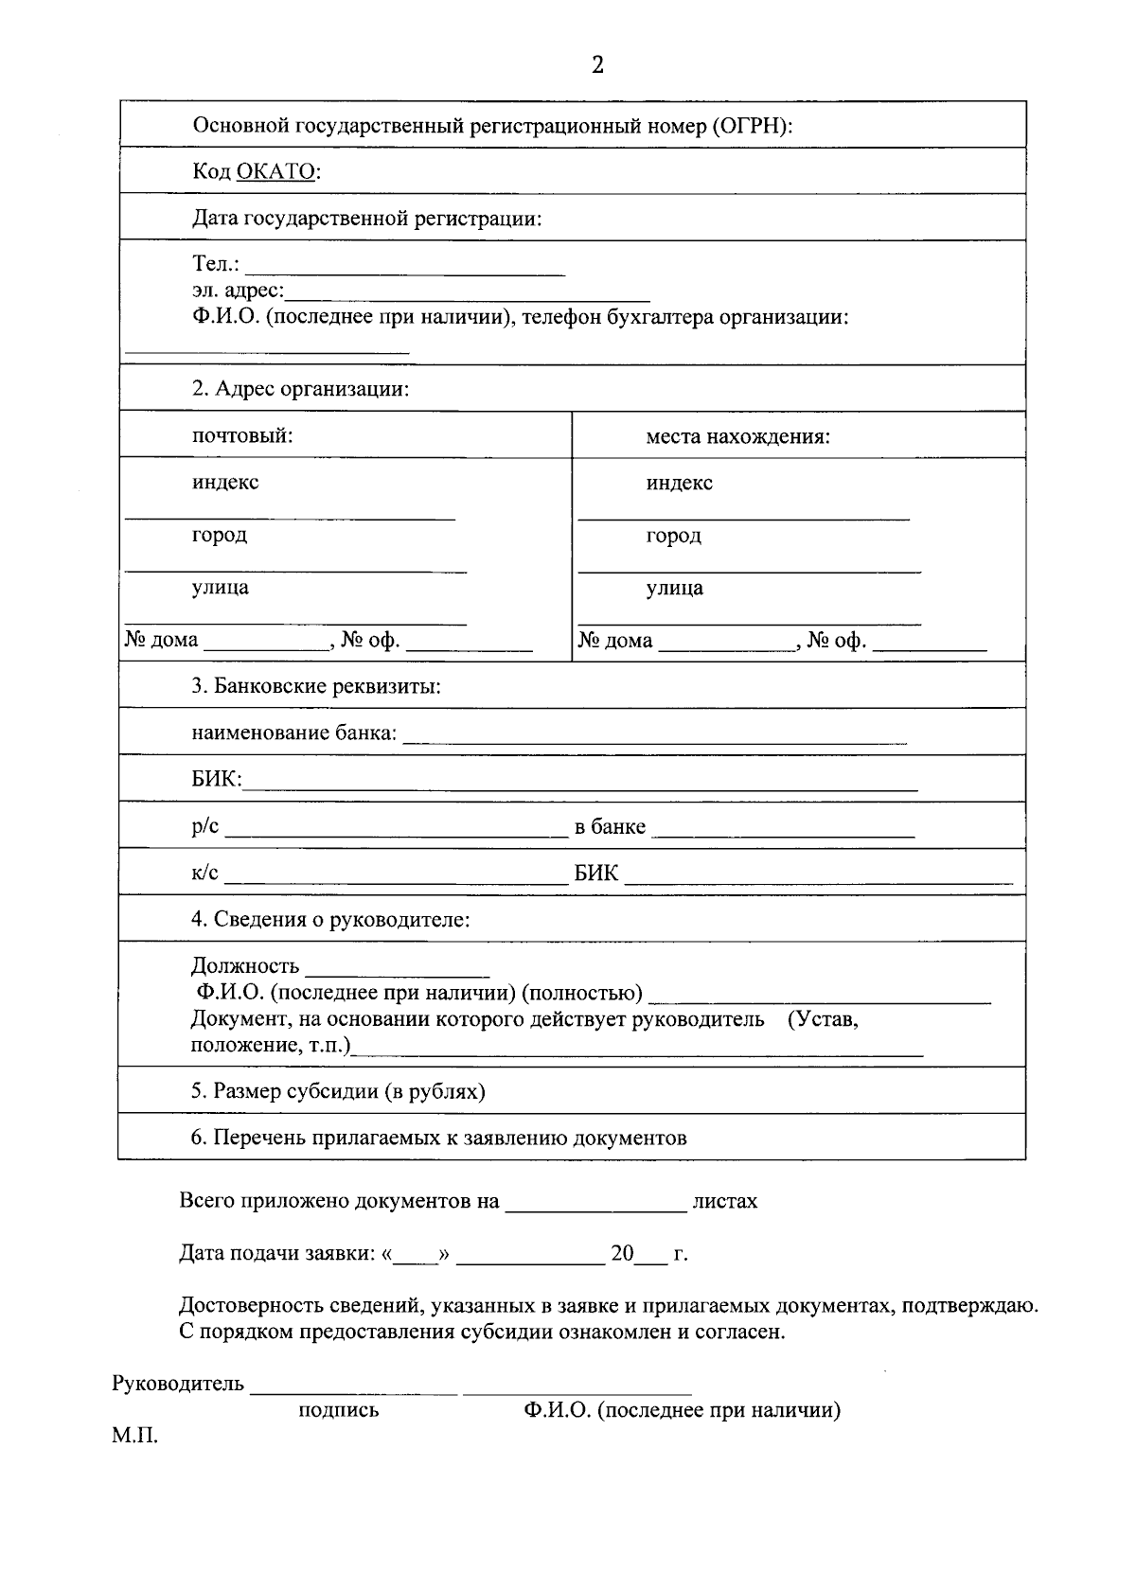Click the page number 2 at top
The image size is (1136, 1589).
597,64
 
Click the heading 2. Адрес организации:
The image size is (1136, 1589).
300,389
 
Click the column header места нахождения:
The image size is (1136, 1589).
737,436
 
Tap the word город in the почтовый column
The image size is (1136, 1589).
219,535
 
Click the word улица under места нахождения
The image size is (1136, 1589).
674,588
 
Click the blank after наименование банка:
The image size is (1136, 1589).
654,740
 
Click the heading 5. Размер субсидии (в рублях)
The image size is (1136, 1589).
338,1091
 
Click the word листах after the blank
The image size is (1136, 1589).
724,1201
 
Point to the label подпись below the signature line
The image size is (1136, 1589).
338,1410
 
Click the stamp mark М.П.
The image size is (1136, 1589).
134,1436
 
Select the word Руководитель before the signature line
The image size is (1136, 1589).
178,1384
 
